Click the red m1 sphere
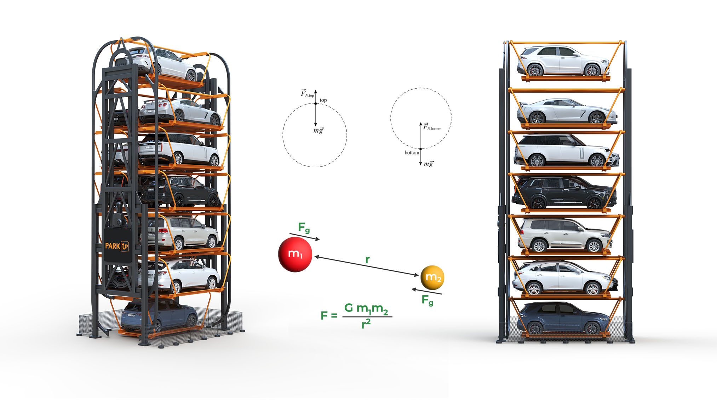295,254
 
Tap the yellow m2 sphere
432,277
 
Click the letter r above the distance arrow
367,260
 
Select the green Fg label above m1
304,228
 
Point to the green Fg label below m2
427,301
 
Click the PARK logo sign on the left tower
117,246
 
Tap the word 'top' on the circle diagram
323,100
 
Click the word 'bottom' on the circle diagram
412,152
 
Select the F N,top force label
307,93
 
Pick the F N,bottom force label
432,127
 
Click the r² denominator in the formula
366,323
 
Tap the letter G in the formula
349,308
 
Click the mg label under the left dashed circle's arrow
318,130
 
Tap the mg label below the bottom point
429,164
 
